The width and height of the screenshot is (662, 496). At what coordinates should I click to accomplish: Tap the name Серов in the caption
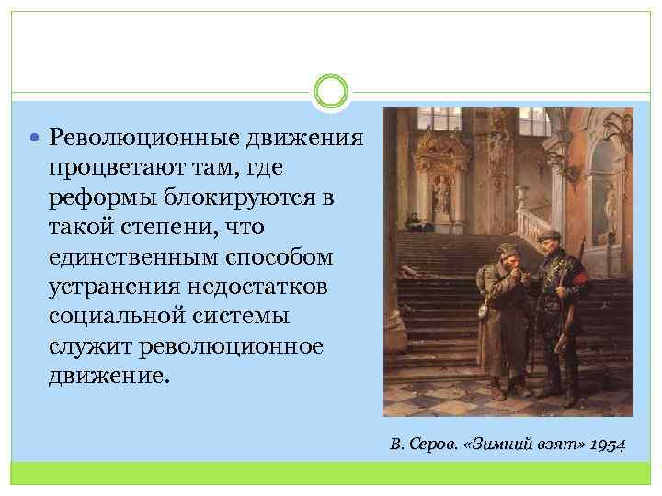[x=428, y=445]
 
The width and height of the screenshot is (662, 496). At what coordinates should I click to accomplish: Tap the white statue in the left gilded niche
[x=441, y=193]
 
